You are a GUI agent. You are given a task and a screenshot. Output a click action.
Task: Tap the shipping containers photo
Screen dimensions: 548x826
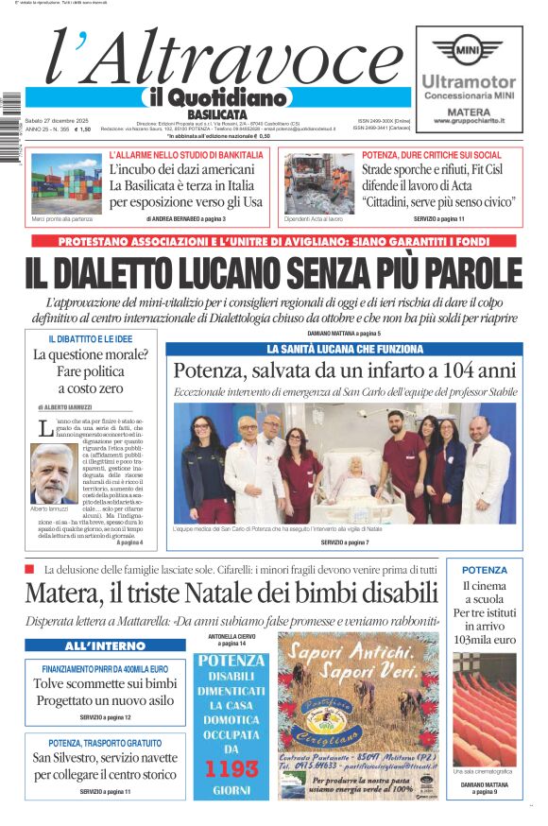click(65, 182)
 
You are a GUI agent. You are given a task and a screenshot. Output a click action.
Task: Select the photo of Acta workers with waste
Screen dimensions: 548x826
click(318, 182)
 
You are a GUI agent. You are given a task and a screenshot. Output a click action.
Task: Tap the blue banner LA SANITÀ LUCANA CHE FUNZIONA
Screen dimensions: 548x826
click(344, 349)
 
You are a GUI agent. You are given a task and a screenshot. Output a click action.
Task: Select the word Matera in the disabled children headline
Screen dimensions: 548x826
click(60, 594)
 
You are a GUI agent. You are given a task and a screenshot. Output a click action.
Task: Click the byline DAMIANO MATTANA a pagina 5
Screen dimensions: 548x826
click(344, 334)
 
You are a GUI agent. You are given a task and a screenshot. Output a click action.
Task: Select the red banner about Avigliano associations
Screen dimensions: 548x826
click(273, 242)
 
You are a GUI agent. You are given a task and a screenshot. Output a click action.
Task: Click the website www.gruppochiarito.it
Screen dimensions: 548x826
click(469, 121)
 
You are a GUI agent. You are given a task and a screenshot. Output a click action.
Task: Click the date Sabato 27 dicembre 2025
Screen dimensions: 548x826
click(57, 120)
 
